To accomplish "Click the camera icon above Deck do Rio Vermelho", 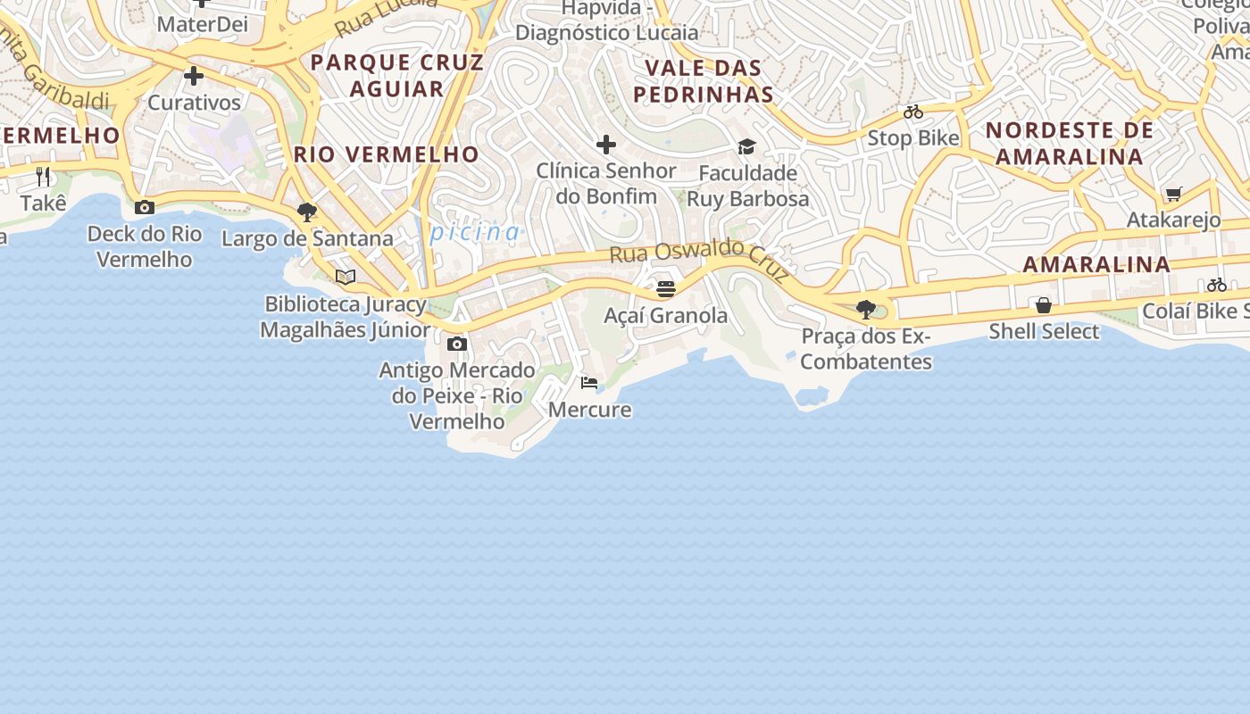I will [145, 208].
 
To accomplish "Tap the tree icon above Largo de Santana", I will [307, 212].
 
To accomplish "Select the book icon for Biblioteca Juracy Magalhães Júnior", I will [346, 278].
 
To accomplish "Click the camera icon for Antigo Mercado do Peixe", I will [457, 344].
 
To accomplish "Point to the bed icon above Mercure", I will [589, 383].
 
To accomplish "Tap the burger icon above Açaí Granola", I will [666, 289].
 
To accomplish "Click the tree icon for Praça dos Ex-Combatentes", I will [865, 310].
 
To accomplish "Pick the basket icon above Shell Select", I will [1043, 305].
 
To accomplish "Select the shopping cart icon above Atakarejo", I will [1173, 194].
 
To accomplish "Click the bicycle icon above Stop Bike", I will [912, 112].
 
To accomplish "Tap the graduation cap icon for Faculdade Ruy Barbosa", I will [746, 146].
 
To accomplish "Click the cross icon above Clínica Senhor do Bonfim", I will [606, 145].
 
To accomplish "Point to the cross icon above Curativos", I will [194, 77].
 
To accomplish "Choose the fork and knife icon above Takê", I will [43, 177].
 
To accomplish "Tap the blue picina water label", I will [475, 232].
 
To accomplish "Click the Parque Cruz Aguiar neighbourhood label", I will [397, 75].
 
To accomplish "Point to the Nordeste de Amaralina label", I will [1070, 143].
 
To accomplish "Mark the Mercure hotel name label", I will [589, 410].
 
